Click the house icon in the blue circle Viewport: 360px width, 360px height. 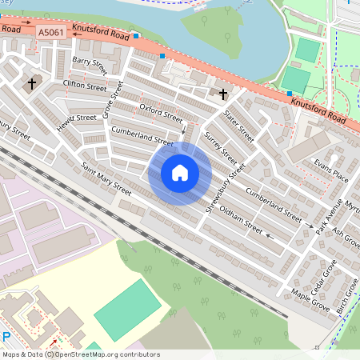[x=180, y=173]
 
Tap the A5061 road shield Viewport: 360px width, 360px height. [x=50, y=32]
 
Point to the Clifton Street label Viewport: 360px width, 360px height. [x=84, y=86]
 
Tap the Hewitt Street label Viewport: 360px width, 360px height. [x=76, y=118]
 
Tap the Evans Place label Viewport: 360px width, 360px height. [x=331, y=170]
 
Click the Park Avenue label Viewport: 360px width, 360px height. [x=328, y=210]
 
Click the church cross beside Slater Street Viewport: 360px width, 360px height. [x=223, y=94]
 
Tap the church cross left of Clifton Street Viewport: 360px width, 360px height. [x=32, y=82]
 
